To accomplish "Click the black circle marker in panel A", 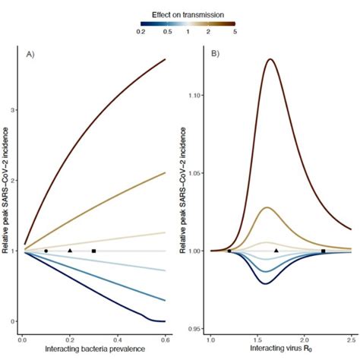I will pos(46,251).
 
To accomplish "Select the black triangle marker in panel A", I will pos(70,250).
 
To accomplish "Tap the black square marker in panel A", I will pos(93,251).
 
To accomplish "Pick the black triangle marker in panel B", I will pos(276,250).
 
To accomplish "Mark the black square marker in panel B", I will pos(323,251).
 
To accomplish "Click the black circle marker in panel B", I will pos(229,251).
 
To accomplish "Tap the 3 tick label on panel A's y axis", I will pos(14,110).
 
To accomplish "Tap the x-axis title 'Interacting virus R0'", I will pos(279,348).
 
